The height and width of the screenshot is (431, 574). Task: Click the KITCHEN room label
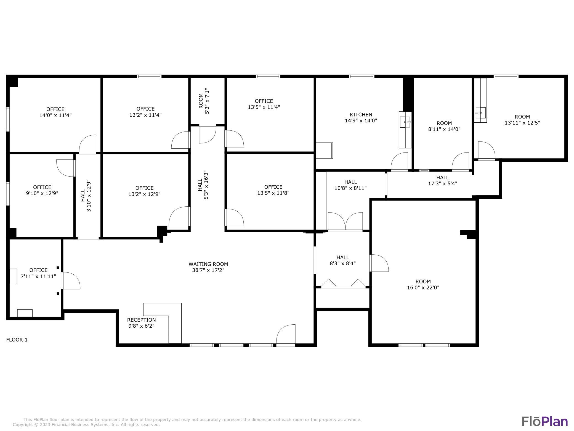[x=361, y=115]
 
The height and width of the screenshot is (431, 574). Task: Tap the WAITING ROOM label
[x=208, y=264]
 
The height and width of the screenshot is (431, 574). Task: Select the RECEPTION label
[x=141, y=320]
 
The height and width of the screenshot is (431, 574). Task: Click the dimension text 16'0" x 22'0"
[x=423, y=287]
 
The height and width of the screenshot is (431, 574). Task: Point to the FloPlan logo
[x=544, y=422]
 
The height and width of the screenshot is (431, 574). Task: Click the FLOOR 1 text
[x=17, y=340]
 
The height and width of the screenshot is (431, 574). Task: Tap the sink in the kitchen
[x=405, y=122]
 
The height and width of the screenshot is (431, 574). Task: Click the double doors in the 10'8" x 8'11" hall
[x=345, y=221]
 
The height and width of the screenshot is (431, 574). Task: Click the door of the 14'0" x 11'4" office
[x=88, y=144]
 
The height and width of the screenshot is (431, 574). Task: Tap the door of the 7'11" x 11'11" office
[x=71, y=281]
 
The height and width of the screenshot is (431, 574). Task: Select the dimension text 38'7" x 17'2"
[x=208, y=270]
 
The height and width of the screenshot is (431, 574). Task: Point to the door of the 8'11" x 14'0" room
[x=460, y=162]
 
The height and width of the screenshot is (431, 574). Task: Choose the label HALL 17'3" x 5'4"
[x=443, y=180]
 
